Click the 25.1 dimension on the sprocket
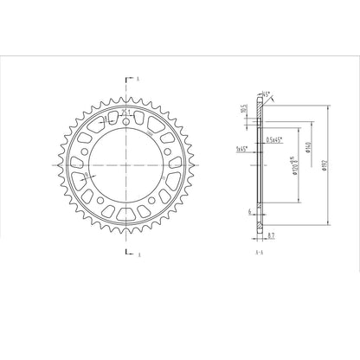tap(125, 111)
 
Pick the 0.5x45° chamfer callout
tap(276, 140)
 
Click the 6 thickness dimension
tap(248, 210)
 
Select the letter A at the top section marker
tap(138, 78)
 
